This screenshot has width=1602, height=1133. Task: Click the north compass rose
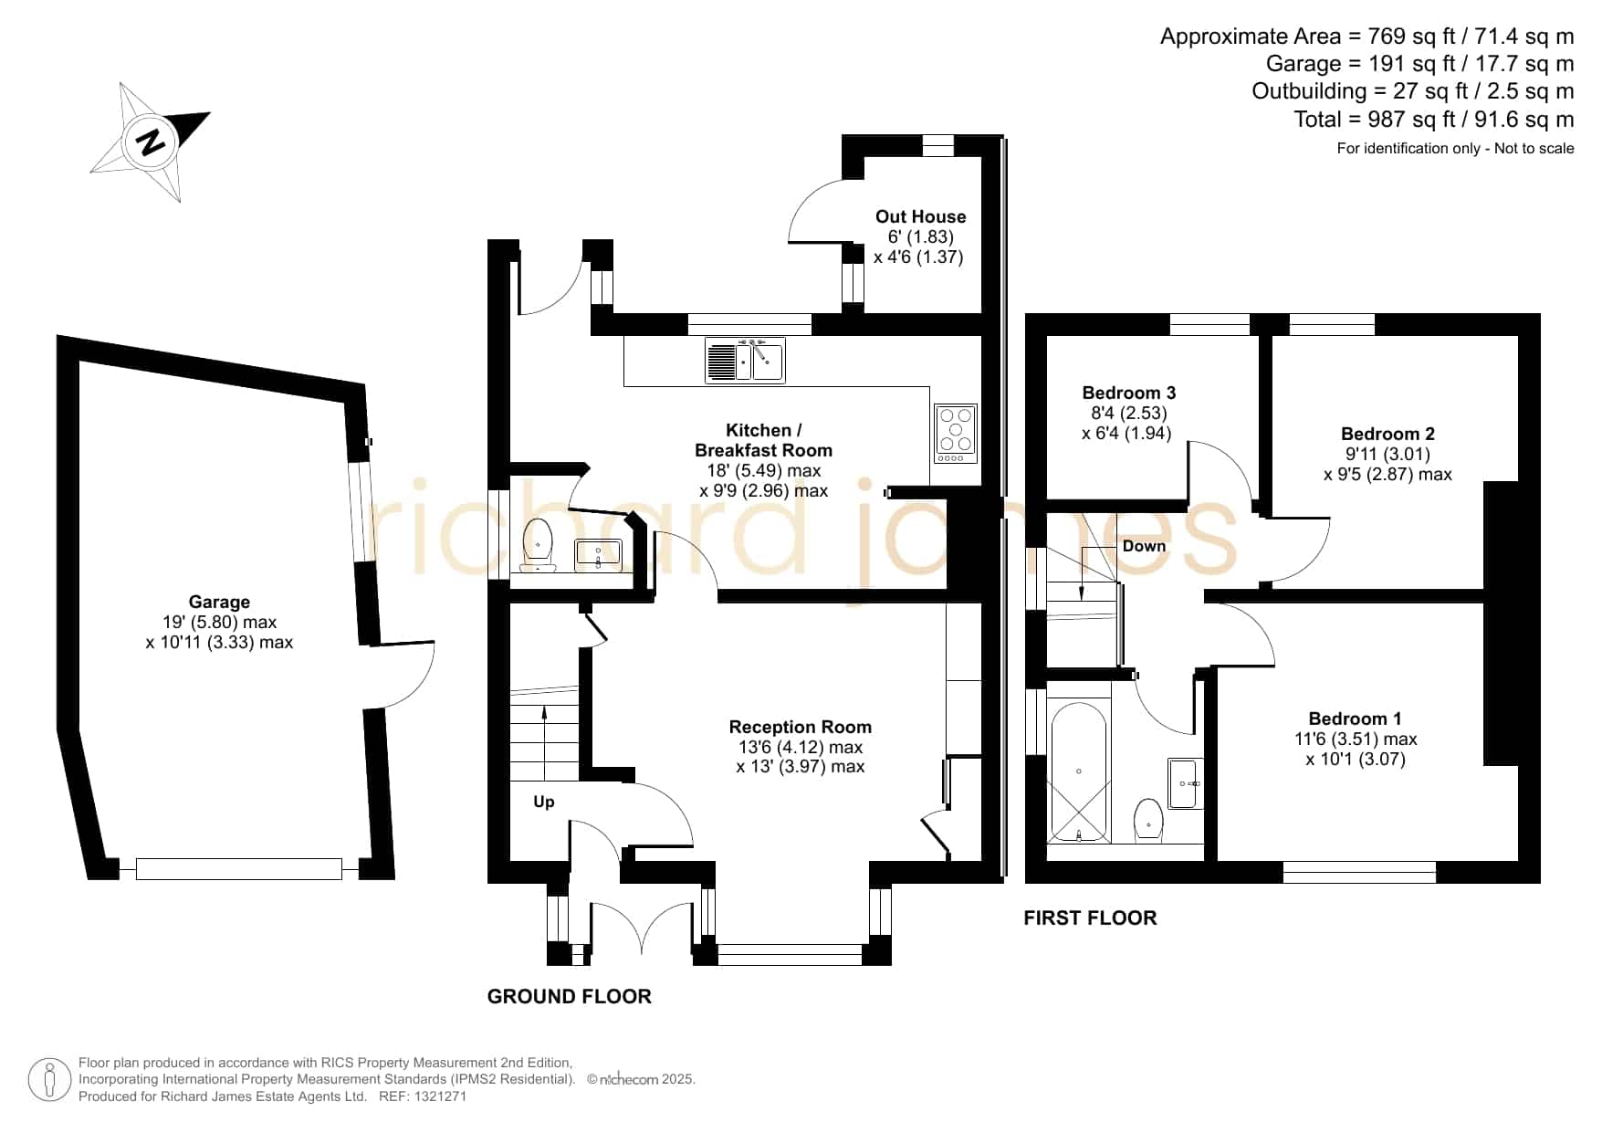point(151,142)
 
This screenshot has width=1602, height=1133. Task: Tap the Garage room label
point(219,602)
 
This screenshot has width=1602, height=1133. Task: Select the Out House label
point(920,216)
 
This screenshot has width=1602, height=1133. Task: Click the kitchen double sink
point(745,360)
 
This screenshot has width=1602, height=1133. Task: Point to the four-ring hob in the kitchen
point(956,433)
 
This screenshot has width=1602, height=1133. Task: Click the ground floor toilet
point(539,545)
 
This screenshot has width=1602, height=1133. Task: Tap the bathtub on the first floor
point(1078,772)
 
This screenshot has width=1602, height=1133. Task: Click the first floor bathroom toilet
point(1148,820)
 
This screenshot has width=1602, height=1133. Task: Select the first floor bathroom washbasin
point(1186,783)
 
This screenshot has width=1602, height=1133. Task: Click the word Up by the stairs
point(543,802)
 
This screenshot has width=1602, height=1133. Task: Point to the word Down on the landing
point(1144,546)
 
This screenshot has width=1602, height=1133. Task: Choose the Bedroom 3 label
point(1129,393)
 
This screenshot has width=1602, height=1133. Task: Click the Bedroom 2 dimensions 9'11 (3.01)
point(1387,454)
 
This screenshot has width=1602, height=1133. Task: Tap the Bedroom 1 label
point(1355,719)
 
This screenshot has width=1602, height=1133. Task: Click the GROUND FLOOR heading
point(570,996)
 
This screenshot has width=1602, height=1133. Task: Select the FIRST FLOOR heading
point(1090,918)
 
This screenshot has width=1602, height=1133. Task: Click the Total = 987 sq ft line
point(1434,119)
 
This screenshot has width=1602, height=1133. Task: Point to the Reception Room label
point(800,727)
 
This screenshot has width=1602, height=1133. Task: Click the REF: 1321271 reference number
point(423,1096)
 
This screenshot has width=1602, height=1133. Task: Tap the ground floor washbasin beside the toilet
point(598,554)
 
